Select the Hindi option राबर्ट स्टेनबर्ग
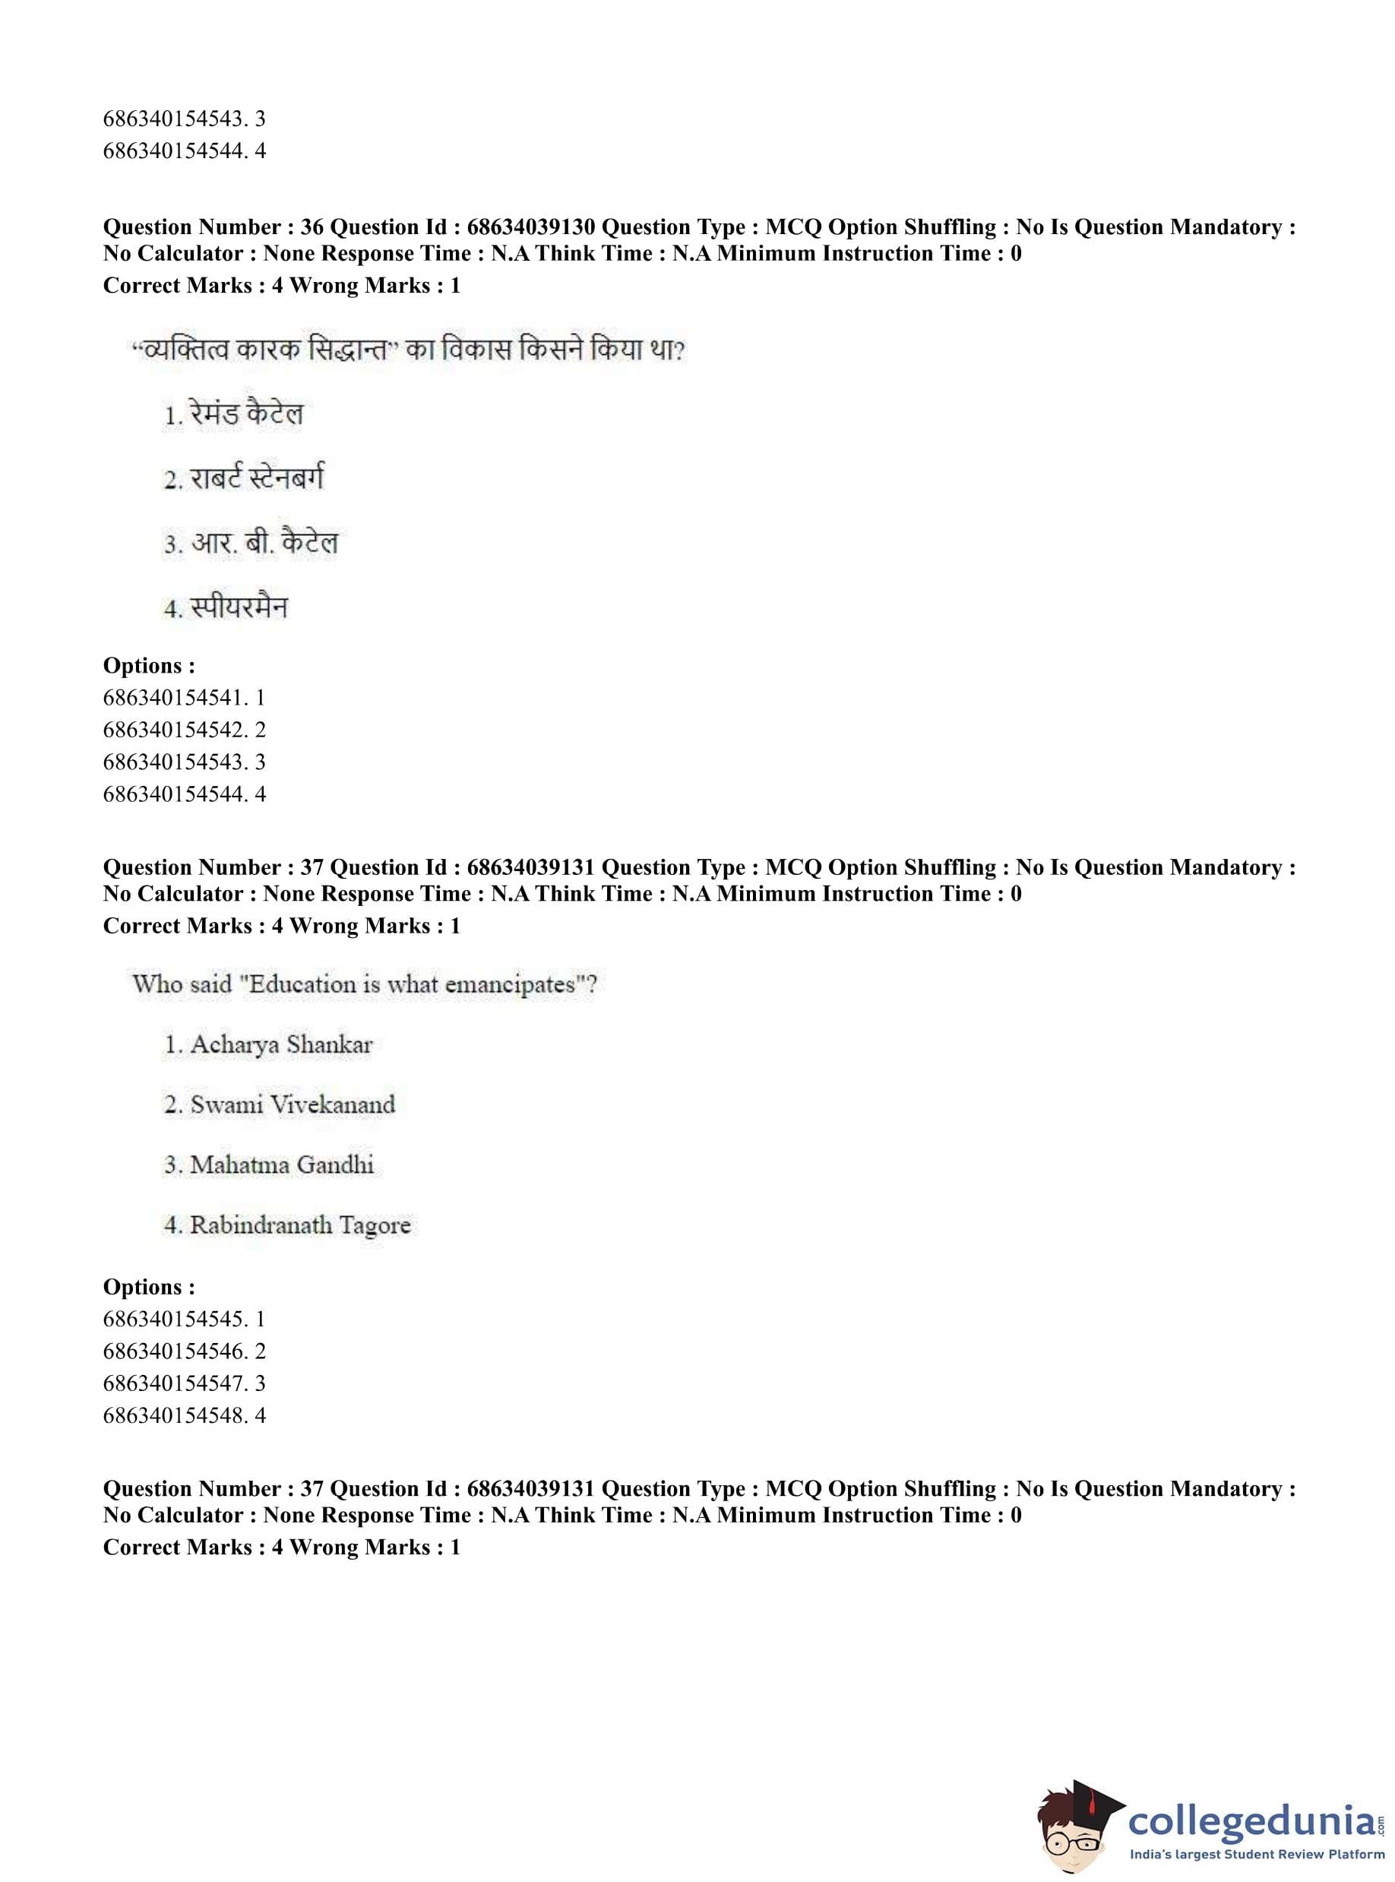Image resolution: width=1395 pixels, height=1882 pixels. [x=256, y=479]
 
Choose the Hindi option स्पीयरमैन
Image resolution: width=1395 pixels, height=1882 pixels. [x=238, y=607]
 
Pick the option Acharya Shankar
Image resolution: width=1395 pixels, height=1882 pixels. [x=280, y=1045]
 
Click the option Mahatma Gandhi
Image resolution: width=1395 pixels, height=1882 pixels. [x=281, y=1164]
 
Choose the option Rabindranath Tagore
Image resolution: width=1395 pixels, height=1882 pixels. [x=300, y=1225]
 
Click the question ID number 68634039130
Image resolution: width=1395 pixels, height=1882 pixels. [x=530, y=227]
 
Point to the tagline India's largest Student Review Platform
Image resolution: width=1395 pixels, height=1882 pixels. [x=1256, y=1854]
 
